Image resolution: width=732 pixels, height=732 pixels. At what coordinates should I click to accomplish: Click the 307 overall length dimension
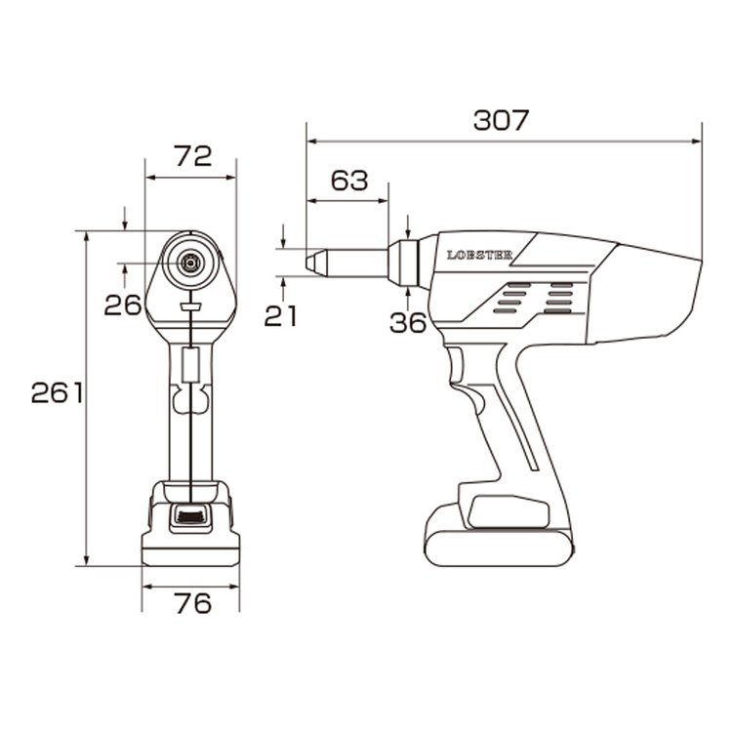pos(501,120)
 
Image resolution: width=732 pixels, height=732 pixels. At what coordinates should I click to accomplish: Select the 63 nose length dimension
pos(349,181)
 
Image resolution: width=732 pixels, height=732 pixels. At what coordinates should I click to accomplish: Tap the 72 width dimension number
pos(193,156)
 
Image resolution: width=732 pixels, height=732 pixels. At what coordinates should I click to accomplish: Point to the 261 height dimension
pos(57,392)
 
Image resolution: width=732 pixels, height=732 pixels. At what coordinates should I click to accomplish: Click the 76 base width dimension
pos(193,603)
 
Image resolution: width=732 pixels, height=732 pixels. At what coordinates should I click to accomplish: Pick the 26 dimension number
pos(122,305)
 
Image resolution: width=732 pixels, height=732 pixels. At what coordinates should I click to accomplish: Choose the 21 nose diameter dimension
pos(280,316)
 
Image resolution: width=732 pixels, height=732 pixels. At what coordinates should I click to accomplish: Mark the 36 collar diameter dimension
pos(408,323)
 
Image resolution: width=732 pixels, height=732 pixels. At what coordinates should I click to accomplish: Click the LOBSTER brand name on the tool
pos(480,256)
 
